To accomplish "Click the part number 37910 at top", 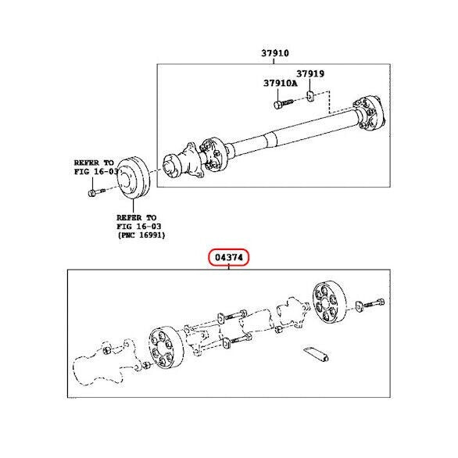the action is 275,53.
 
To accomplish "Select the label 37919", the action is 310,73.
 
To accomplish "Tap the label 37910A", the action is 280,84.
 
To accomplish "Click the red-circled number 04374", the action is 229,257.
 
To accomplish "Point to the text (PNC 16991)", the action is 141,234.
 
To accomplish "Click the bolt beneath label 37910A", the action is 283,103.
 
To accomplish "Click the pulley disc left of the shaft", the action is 134,177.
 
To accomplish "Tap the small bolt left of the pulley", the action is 96,192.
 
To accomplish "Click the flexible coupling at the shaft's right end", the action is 369,113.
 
